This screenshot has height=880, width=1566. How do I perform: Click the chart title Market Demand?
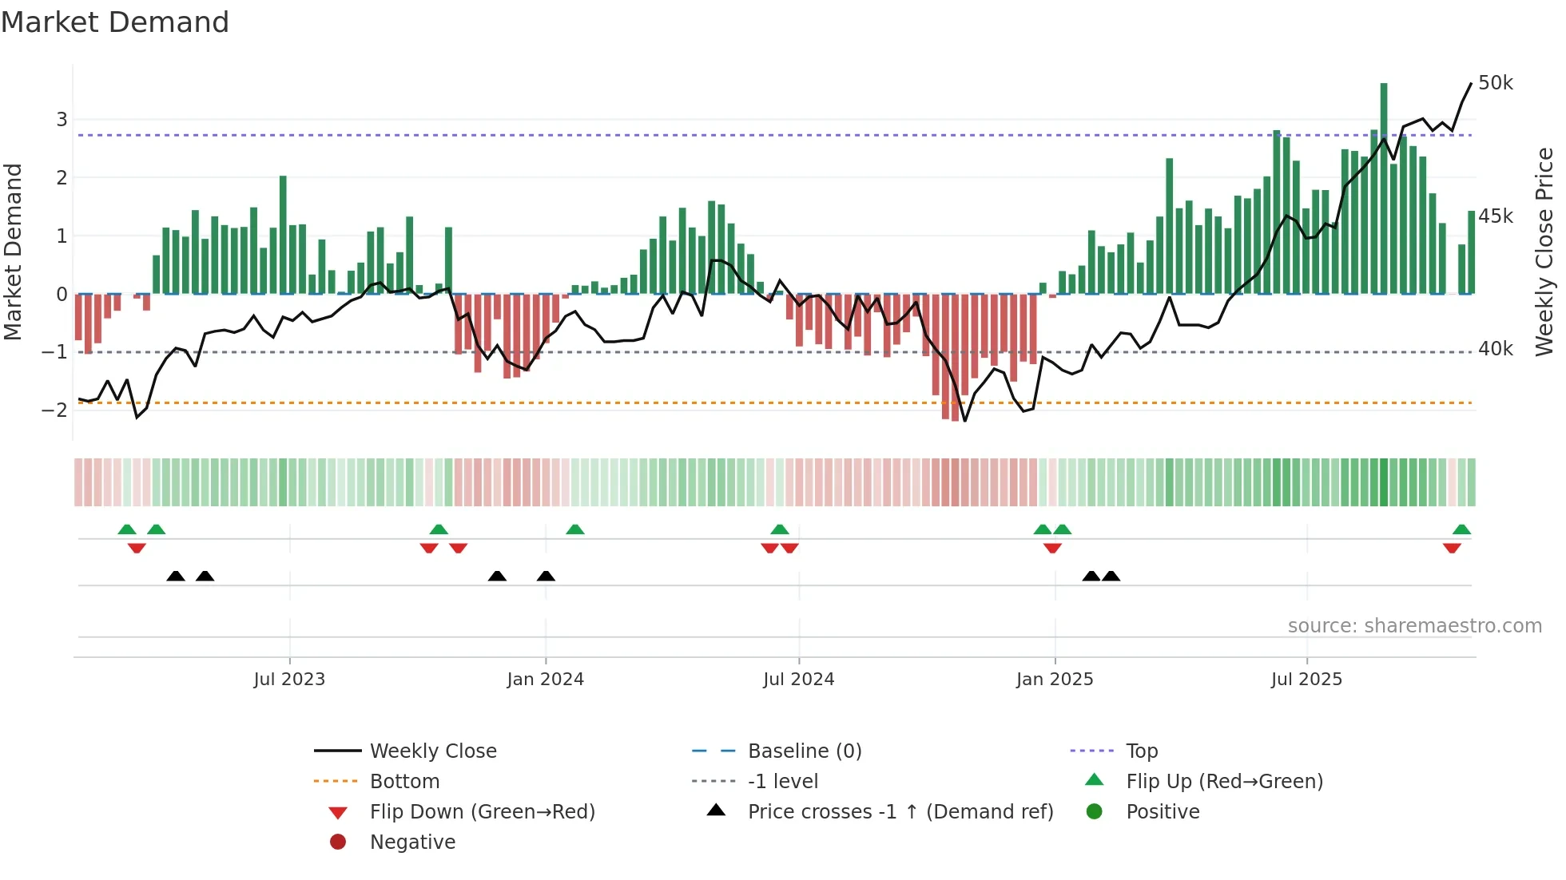point(115,22)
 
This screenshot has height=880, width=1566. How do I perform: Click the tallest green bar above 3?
point(1384,188)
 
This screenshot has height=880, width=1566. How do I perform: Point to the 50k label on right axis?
point(1495,83)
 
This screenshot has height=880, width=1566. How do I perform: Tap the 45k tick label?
point(1495,216)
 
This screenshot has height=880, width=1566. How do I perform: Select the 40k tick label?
point(1495,349)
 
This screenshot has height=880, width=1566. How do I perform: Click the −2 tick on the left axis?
point(55,410)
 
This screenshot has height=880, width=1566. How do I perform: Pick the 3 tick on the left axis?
point(62,120)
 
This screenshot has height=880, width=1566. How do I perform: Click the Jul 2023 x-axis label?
point(289,680)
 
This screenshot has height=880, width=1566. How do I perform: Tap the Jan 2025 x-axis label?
point(1055,680)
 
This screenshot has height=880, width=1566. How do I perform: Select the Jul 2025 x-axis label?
point(1306,680)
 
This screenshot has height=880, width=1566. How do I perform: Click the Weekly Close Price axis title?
point(1544,252)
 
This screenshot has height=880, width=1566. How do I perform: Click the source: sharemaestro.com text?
point(1414,626)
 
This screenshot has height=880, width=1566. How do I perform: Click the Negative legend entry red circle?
point(338,842)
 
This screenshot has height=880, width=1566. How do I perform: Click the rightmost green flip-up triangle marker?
point(1461,529)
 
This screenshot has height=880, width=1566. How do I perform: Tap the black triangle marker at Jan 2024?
point(546,577)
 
